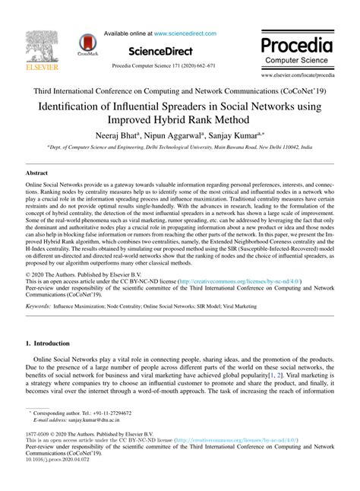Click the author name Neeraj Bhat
(x=115, y=135)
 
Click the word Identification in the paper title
(x=74, y=106)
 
